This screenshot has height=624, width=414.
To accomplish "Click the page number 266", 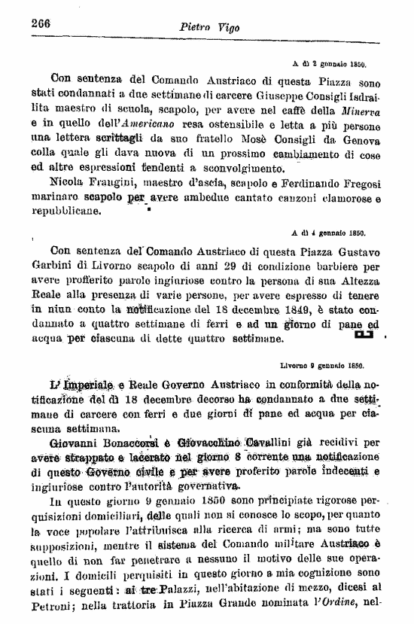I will [x=40, y=23].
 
